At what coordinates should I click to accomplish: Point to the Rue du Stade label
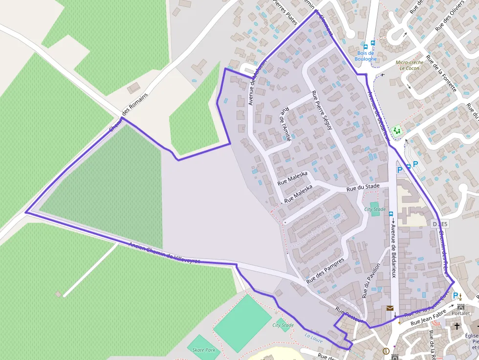click(x=363, y=187)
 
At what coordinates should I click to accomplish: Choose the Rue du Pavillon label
click(x=370, y=281)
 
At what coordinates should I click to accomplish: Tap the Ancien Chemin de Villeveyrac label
click(x=164, y=253)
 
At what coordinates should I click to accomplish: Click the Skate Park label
click(x=203, y=350)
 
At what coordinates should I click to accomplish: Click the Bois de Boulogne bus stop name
click(x=366, y=56)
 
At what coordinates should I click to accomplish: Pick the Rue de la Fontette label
click(x=441, y=73)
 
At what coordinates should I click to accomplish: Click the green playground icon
click(x=396, y=130)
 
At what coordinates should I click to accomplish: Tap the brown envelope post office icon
click(x=390, y=308)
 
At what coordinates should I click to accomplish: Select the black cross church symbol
click(x=457, y=326)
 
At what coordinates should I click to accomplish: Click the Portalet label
click(x=460, y=313)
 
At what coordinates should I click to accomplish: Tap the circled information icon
click(x=386, y=351)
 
